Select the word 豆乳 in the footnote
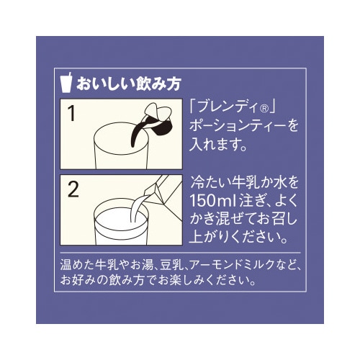pyautogui.click(x=167, y=264)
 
